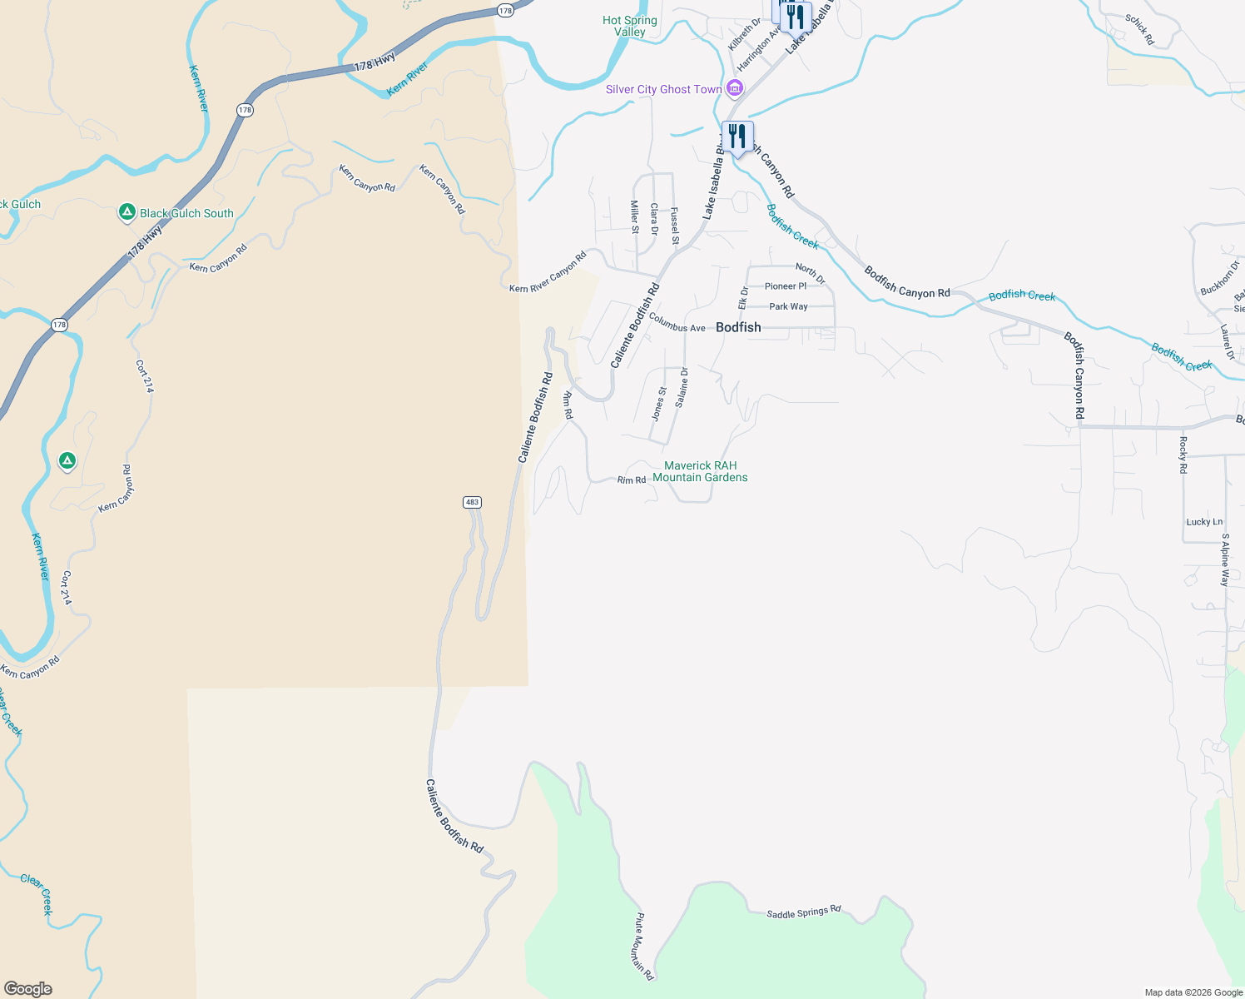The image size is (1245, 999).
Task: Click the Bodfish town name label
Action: tap(738, 327)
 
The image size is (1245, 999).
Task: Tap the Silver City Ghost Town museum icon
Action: tap(734, 88)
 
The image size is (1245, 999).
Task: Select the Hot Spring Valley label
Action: tap(630, 26)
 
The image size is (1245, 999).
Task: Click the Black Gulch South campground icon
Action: tap(126, 213)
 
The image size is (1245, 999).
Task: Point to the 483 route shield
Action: tap(472, 502)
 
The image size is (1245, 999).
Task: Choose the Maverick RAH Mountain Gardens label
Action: tap(700, 471)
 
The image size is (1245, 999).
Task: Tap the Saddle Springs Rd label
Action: tap(804, 912)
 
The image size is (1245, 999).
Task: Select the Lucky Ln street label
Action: tap(1204, 522)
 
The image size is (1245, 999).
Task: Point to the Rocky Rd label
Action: tap(1183, 455)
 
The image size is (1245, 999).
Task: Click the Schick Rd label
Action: tap(1139, 29)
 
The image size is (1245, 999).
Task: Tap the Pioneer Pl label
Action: tap(786, 286)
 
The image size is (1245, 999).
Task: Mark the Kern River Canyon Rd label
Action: tap(548, 272)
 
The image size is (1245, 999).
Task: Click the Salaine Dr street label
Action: tap(682, 387)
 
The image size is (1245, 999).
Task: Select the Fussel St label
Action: tap(675, 226)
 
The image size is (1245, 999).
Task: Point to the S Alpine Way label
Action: tap(1225, 559)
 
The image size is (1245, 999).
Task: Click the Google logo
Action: tap(28, 989)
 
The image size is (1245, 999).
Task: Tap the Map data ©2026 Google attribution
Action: tap(1193, 992)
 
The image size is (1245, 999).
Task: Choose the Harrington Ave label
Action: tap(758, 48)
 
